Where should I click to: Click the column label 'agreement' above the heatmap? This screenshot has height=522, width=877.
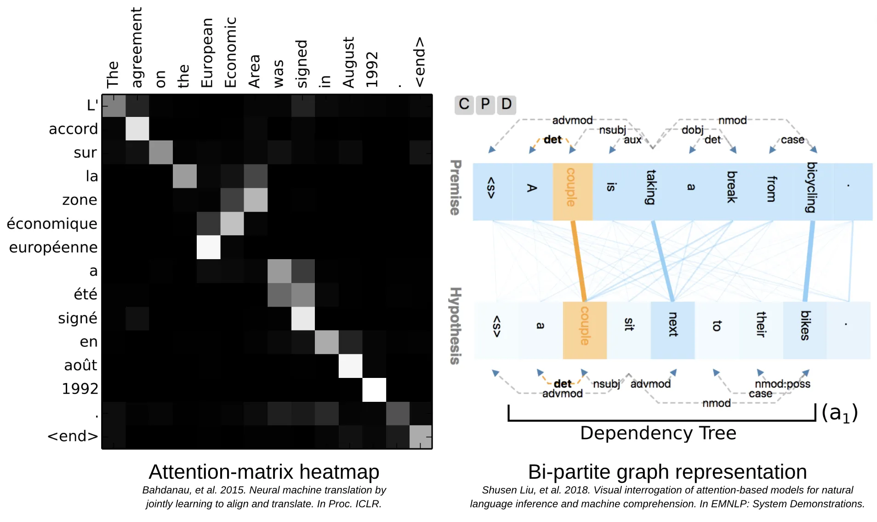(137, 47)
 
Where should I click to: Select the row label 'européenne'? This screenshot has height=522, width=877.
(53, 247)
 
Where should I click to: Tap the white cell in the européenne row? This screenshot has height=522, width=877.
(209, 247)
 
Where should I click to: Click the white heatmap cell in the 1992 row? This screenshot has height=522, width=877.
(374, 389)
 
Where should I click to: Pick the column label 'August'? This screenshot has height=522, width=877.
(348, 62)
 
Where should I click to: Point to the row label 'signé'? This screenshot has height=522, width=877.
(77, 318)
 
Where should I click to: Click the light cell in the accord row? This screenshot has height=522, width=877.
(137, 129)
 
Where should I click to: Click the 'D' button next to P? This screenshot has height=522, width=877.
(506, 104)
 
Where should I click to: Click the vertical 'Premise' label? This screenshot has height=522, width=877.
(455, 187)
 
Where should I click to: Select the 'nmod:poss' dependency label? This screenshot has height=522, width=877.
(782, 384)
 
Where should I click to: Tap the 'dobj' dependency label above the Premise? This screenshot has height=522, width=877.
(692, 130)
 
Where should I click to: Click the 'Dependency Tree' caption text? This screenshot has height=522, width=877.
(658, 433)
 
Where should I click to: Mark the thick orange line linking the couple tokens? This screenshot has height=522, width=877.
(578, 261)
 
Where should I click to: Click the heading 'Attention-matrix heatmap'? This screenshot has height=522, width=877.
(264, 472)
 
